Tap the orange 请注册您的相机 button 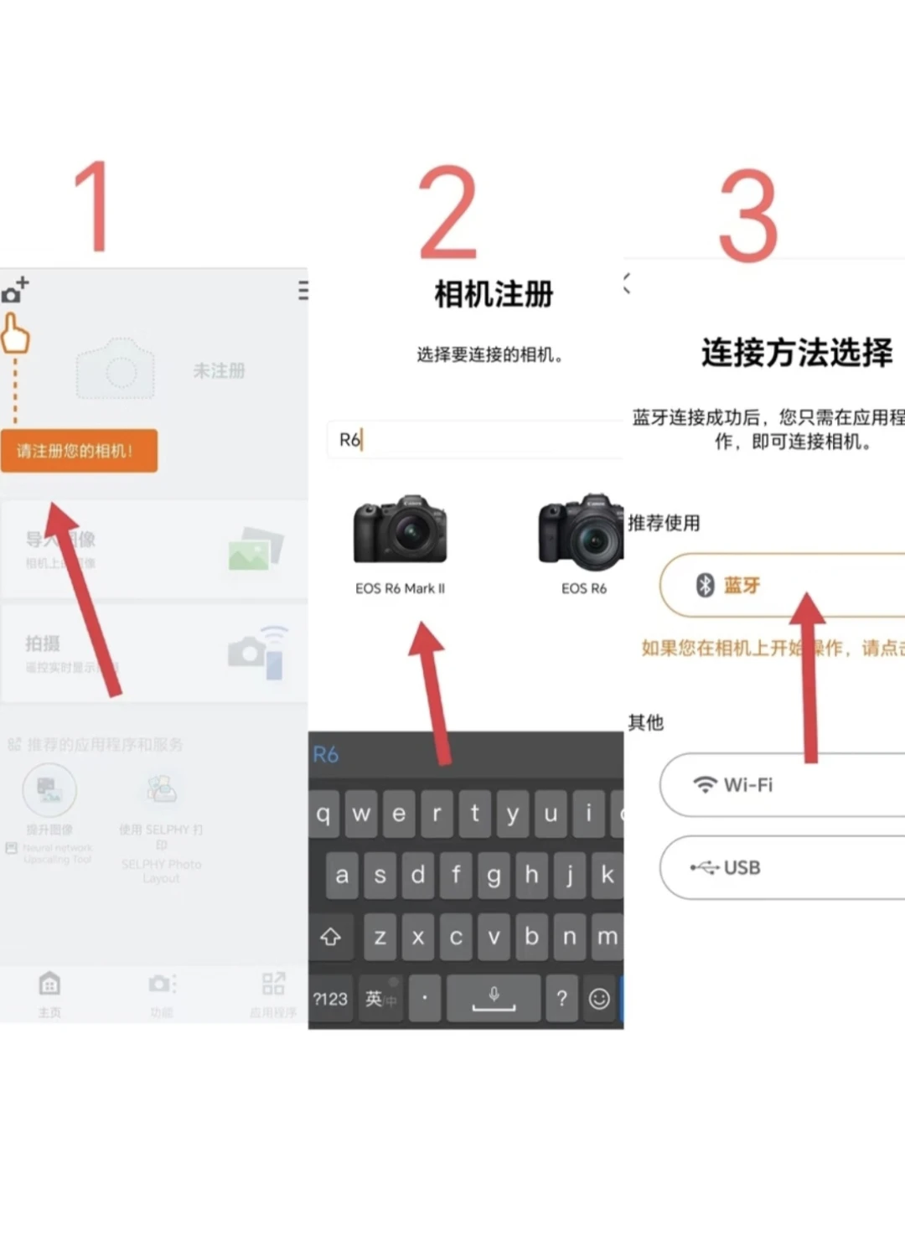coord(79,451)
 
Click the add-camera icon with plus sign coord(15,290)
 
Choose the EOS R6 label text coord(583,588)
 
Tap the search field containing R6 coord(473,439)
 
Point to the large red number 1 coord(93,207)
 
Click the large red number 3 coord(748,215)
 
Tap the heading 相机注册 coord(494,294)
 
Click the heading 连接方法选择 coord(796,352)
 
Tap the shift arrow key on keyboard coord(330,937)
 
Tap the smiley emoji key coord(599,998)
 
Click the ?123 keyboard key coord(330,998)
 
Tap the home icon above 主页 coord(49,983)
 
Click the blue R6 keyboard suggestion coord(326,754)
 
